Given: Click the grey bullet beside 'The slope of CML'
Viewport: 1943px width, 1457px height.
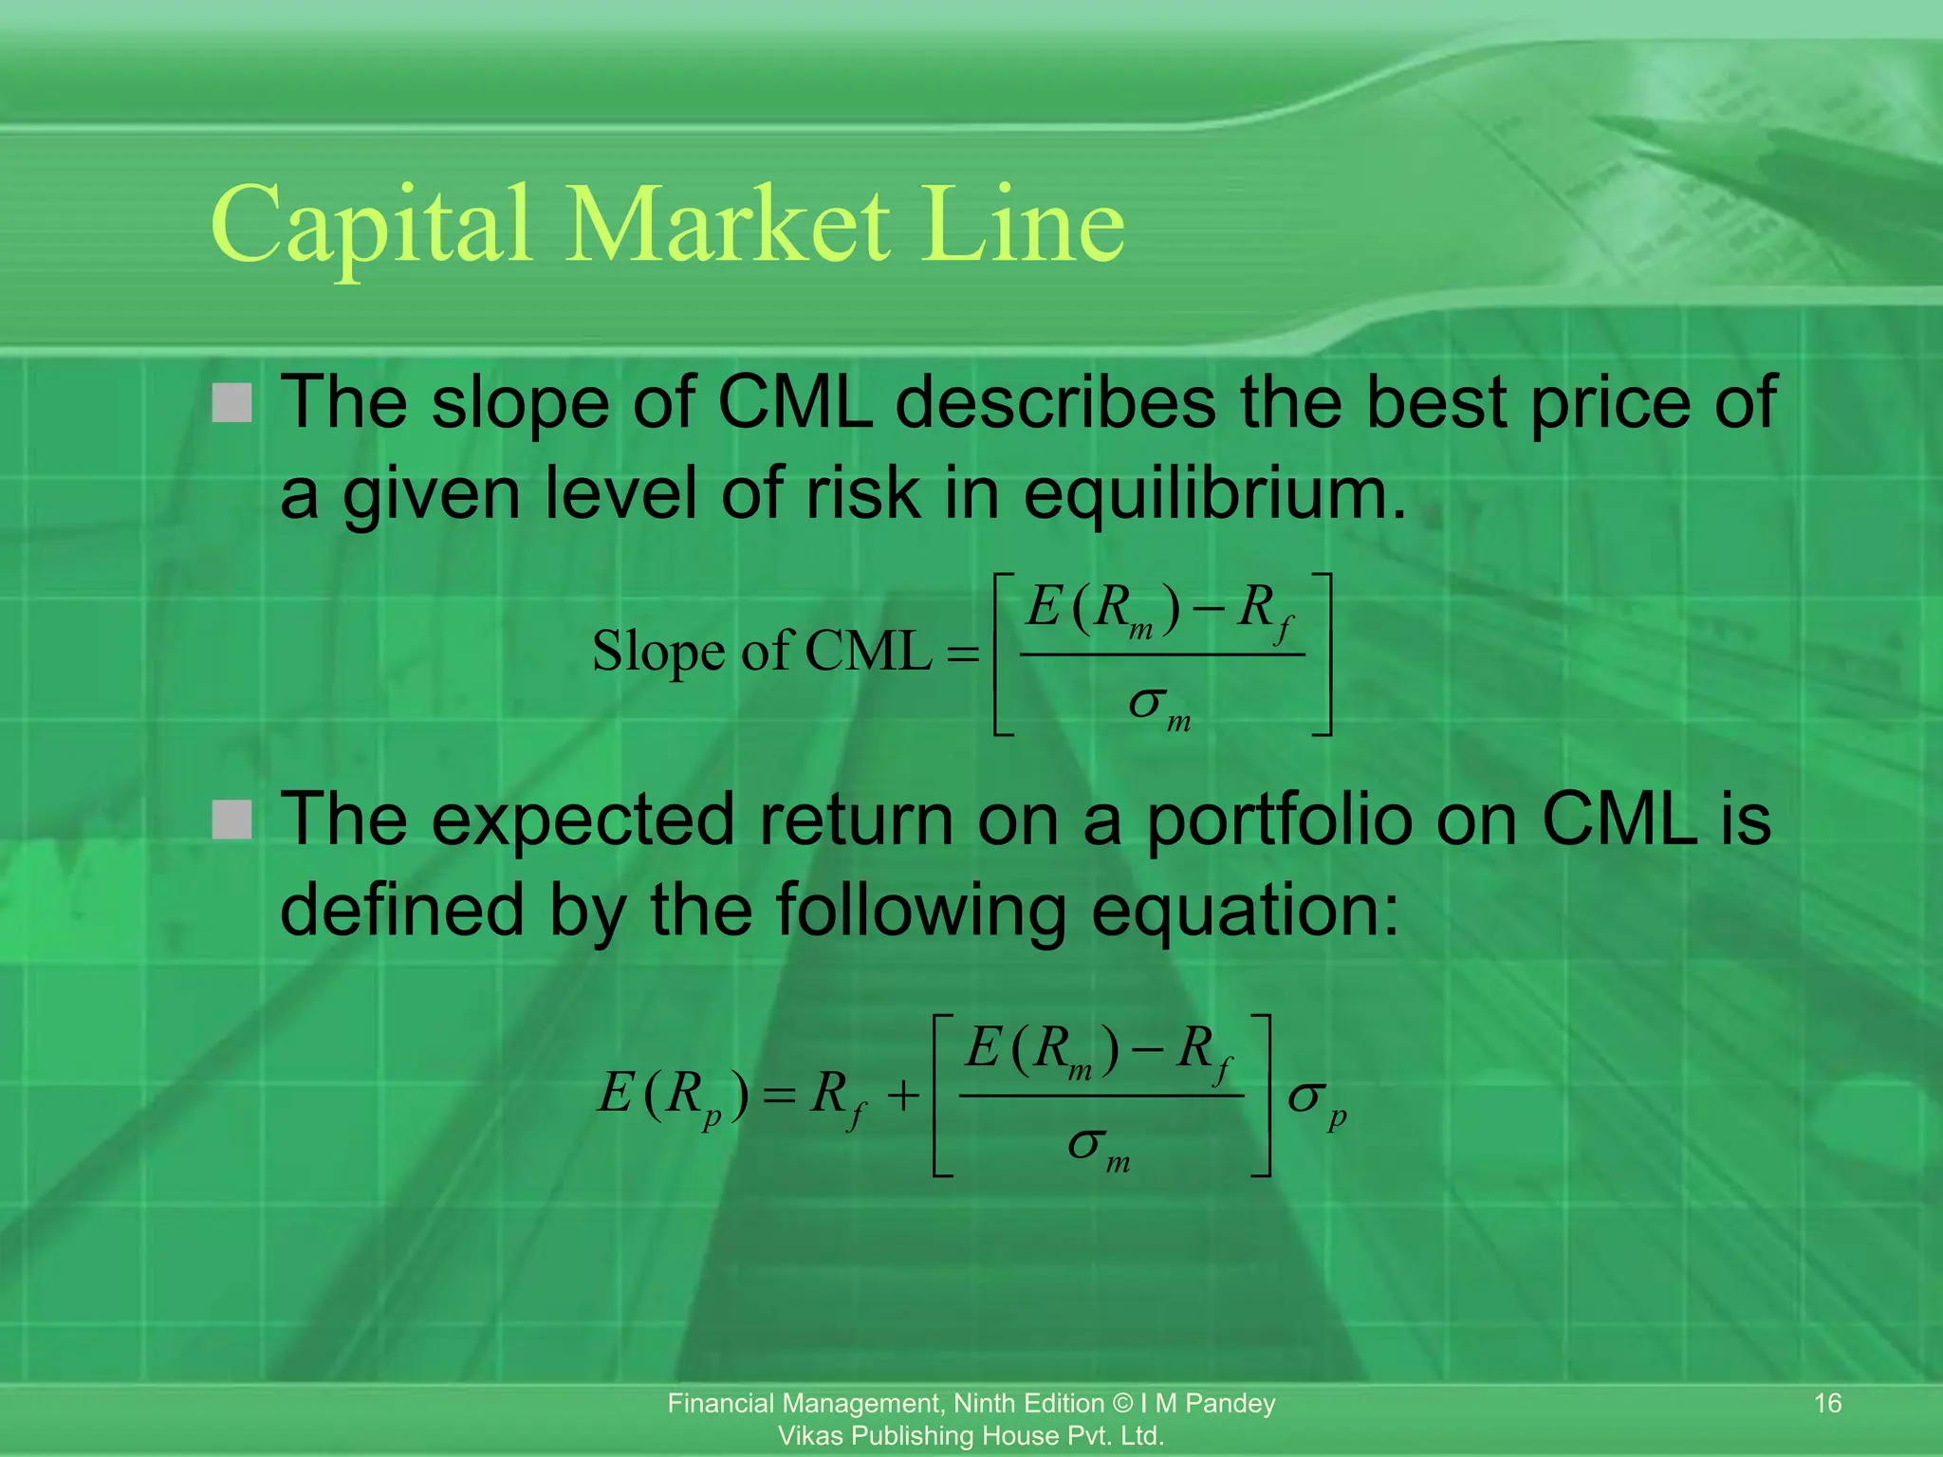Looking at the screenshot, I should [232, 403].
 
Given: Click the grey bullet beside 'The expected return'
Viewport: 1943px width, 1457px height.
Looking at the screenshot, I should [232, 821].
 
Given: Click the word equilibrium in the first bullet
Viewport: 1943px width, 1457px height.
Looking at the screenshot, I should [1214, 495].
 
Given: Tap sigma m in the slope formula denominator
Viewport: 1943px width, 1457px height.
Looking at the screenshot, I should [1159, 707].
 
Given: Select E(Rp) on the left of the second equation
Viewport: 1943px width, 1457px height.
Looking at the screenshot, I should [674, 1096].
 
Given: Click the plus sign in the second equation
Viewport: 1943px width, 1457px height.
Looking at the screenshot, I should [903, 1097].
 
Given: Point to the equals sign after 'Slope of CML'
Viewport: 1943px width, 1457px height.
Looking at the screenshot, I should [962, 655].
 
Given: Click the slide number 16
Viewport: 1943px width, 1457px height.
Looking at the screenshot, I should [1827, 1403].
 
